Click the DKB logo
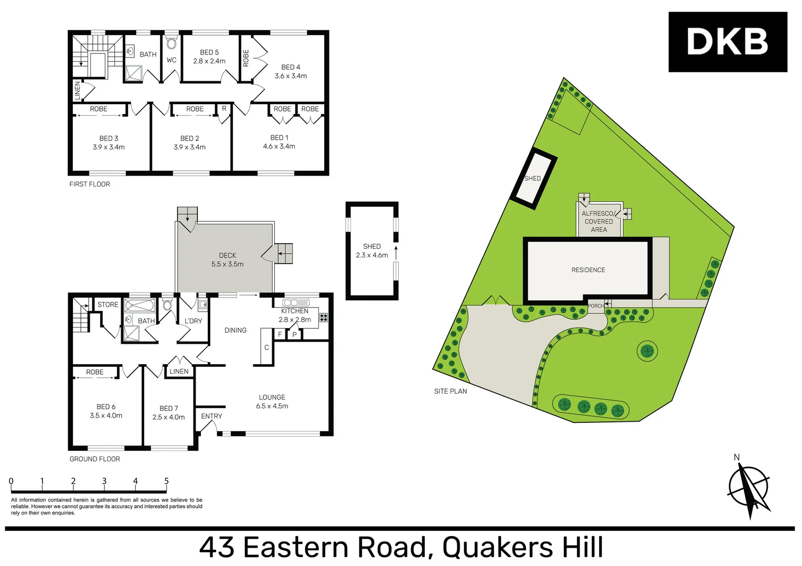point(728,42)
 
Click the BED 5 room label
point(209,57)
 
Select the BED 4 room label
point(291,71)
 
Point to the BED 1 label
point(279,142)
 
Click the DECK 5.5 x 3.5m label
point(227,260)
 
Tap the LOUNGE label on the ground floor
point(272,401)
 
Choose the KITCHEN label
point(294,311)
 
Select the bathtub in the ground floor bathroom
point(140,306)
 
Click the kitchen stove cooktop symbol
point(324,317)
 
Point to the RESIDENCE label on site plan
point(588,270)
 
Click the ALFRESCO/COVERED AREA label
point(598,222)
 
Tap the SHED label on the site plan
point(532,178)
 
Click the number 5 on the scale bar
point(166,481)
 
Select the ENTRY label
point(211,416)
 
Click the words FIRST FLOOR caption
point(90,184)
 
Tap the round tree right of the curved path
point(647,351)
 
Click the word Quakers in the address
point(497,548)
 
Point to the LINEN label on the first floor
point(78,91)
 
